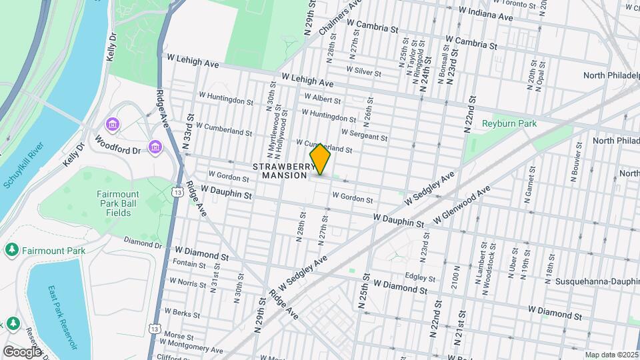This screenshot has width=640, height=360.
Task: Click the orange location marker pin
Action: pyautogui.click(x=320, y=159)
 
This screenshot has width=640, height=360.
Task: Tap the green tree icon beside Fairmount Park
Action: pyautogui.click(x=11, y=251)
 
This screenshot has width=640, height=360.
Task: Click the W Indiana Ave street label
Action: pyautogui.click(x=486, y=13)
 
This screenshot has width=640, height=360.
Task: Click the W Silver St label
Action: pyautogui.click(x=363, y=71)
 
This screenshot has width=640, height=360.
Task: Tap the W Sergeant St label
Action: pyautogui.click(x=364, y=136)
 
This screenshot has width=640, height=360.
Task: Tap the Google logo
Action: pyautogui.click(x=21, y=351)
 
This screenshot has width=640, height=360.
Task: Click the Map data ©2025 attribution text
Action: pyautogui.click(x=610, y=355)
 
